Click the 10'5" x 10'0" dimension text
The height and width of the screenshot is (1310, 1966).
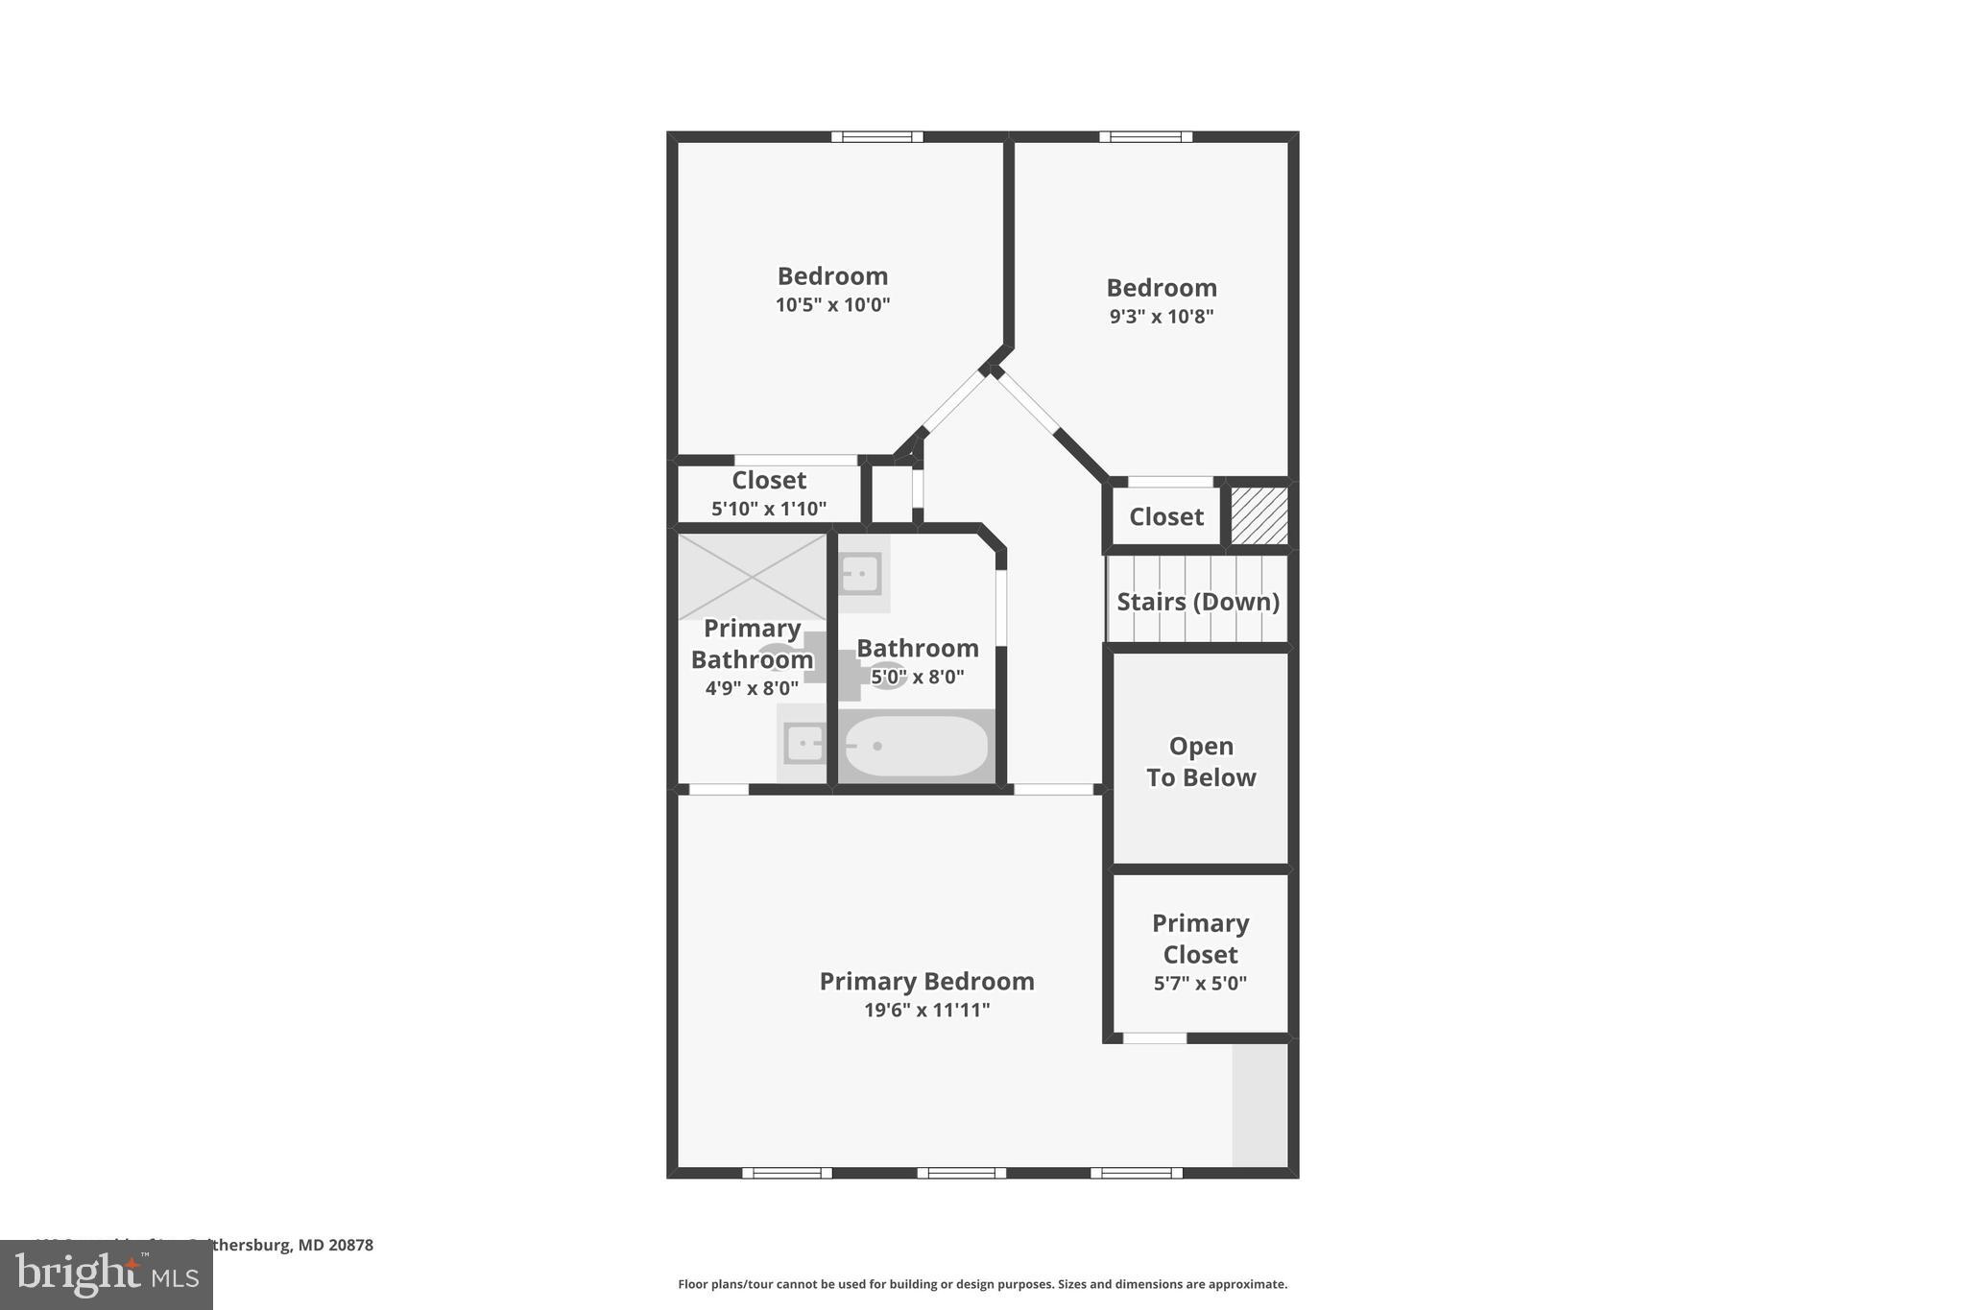[x=832, y=305]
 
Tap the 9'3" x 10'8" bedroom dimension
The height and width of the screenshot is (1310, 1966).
[x=1161, y=317]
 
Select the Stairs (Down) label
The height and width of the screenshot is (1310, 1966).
[x=1197, y=602]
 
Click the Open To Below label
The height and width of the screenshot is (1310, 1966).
[x=1200, y=761]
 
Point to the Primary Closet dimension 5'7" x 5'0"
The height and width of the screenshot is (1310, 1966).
[x=1199, y=984]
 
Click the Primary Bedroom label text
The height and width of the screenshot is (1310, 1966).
[x=925, y=981]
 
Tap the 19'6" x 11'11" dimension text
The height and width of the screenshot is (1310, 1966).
[x=925, y=1010]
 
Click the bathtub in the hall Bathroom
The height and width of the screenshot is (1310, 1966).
[x=916, y=746]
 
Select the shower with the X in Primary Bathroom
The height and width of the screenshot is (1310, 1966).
[x=752, y=576]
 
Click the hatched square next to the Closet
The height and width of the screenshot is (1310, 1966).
[x=1259, y=515]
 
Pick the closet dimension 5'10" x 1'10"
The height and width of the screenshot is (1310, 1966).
[x=768, y=509]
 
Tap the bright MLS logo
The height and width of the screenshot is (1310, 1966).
[x=106, y=1275]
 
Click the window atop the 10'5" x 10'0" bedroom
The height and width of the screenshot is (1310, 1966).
[x=876, y=136]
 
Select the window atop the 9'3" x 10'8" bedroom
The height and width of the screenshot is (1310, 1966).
[x=1145, y=136]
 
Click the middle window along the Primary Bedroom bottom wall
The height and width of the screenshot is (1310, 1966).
[x=961, y=1173]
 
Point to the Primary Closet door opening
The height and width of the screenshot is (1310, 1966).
[x=1154, y=1037]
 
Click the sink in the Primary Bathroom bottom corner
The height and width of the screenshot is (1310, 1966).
[x=803, y=744]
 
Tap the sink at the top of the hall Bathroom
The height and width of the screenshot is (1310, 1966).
[x=860, y=574]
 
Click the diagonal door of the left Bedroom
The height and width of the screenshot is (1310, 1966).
[x=953, y=401]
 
